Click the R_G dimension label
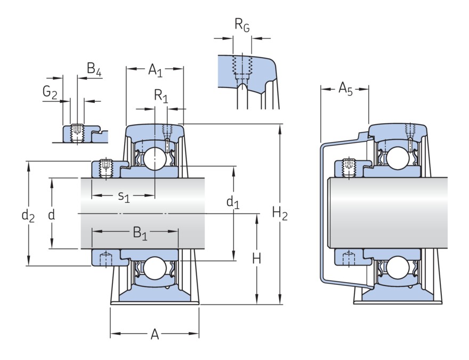pos(242,25)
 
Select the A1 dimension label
pos(155,69)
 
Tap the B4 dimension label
pos(94,69)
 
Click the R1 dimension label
pos(160,96)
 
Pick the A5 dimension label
pos(345,89)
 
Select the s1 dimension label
pos(123,197)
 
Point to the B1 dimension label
pos(140,233)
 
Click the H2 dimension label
pos(280,214)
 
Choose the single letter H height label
pos(256,259)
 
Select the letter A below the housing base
pos(155,334)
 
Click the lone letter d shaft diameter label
pos(51,214)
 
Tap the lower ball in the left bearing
pos(154,268)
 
